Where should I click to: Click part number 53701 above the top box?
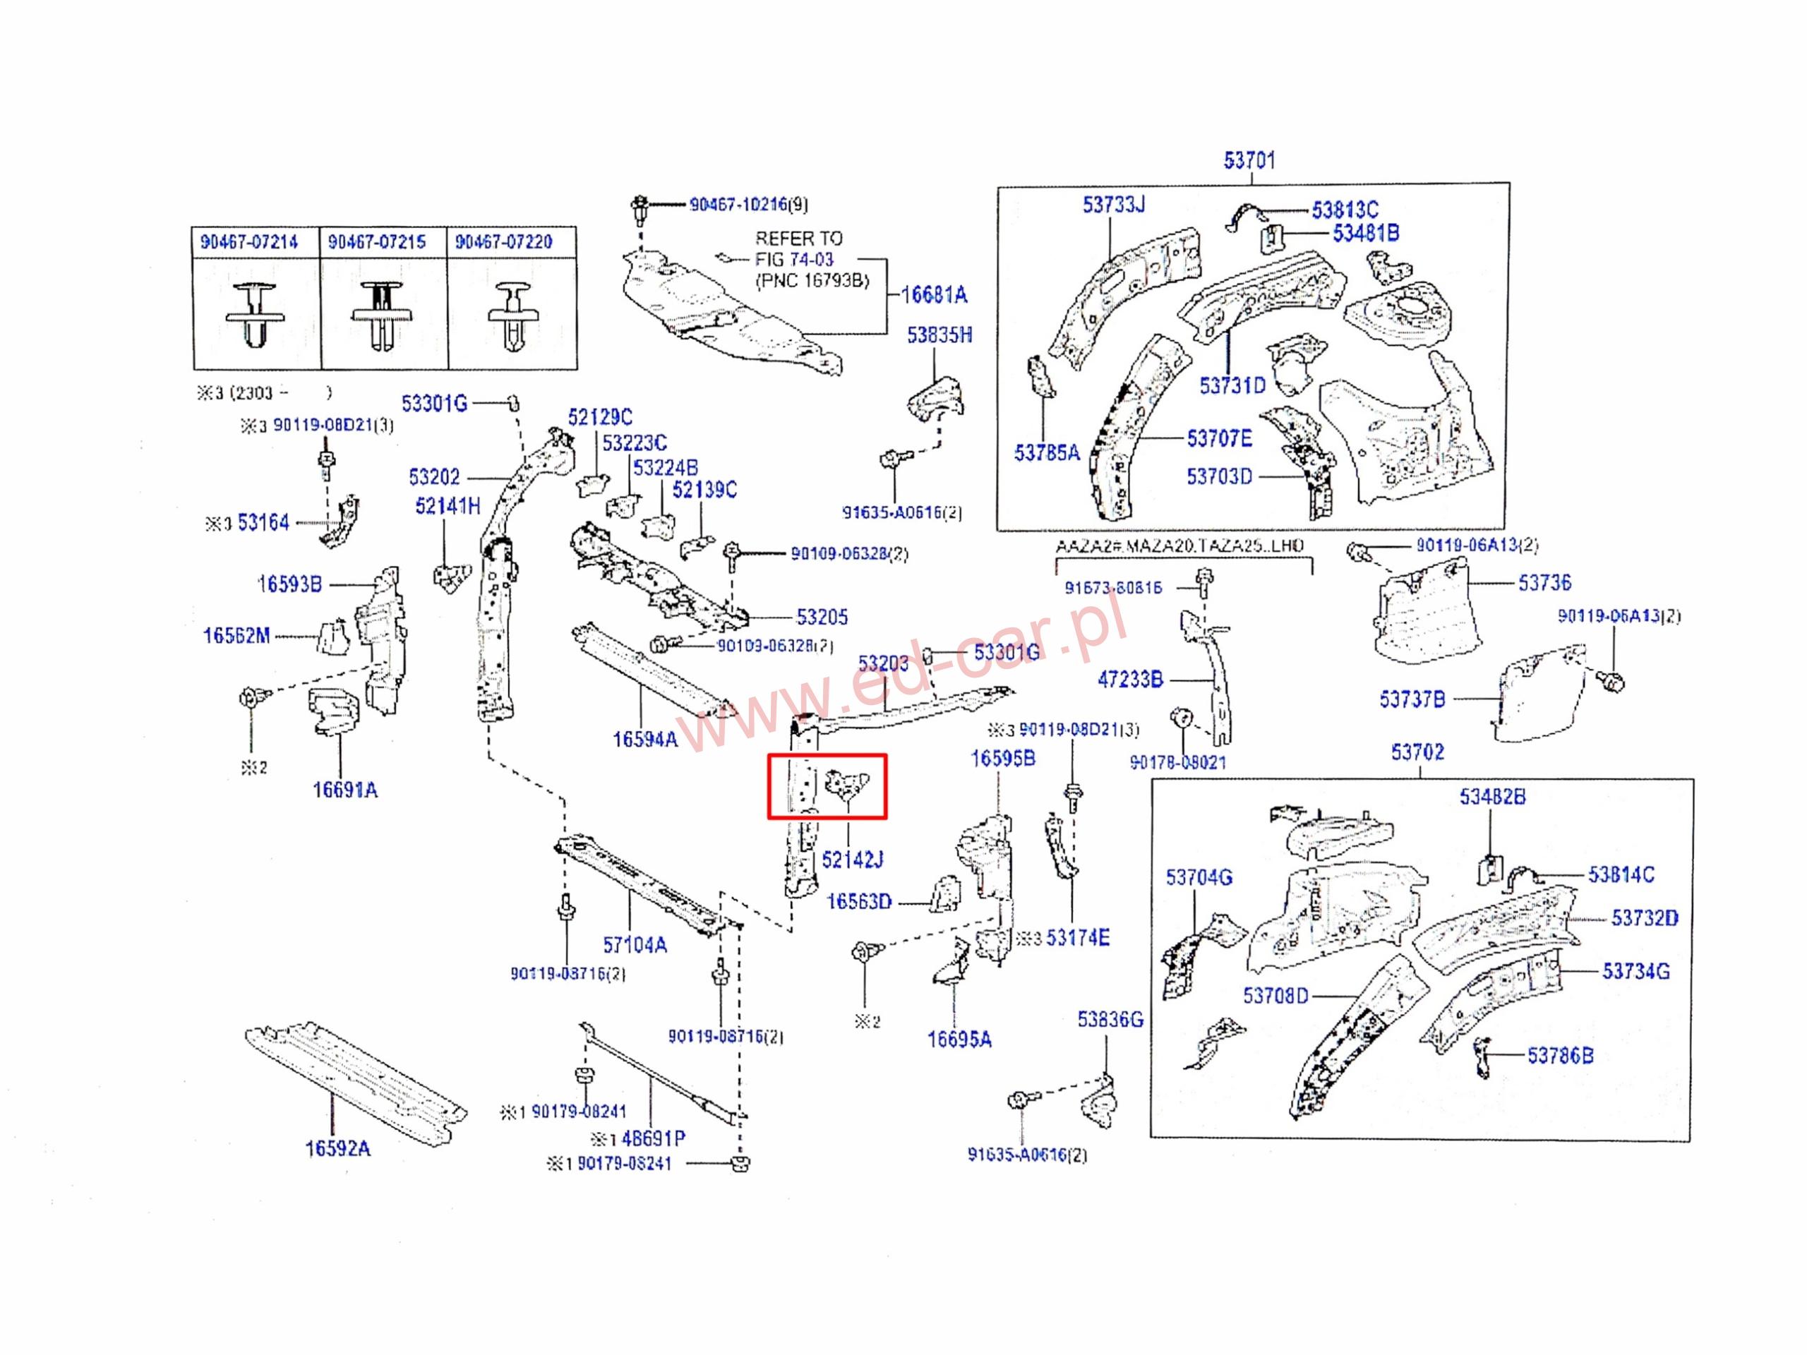(1249, 160)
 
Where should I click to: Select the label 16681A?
(934, 295)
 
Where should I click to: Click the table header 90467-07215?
(377, 242)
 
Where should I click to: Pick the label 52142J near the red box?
(852, 860)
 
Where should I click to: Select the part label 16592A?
(337, 1148)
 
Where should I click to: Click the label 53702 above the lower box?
(1417, 752)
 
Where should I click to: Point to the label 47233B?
(1130, 679)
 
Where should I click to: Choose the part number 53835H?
(939, 335)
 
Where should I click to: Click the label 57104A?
(635, 945)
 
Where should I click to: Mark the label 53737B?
(1412, 699)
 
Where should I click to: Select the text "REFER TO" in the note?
(798, 239)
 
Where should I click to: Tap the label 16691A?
(344, 790)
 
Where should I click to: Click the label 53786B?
(1560, 1056)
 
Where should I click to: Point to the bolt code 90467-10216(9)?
(748, 204)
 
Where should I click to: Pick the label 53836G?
(1110, 1019)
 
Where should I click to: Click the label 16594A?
(644, 739)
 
